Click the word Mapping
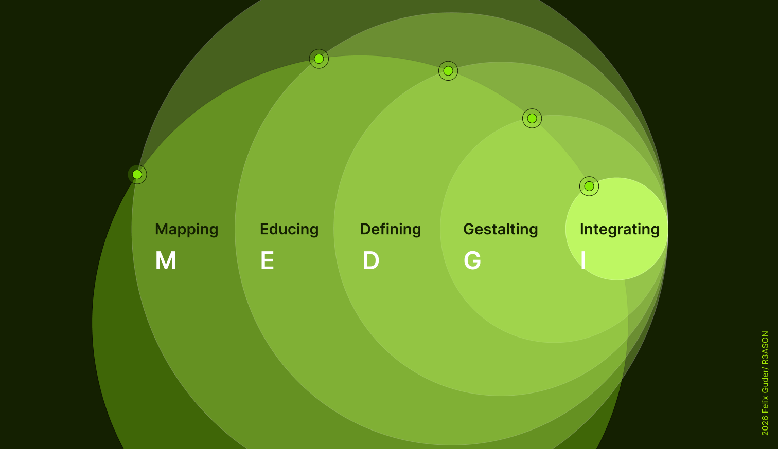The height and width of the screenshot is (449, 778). [x=186, y=230]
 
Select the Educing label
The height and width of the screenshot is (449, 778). [x=289, y=230]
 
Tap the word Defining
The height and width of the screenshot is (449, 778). [x=391, y=230]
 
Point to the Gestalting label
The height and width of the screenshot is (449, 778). [x=501, y=230]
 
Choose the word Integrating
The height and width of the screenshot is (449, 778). [x=620, y=230]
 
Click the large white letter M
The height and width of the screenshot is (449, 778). [x=166, y=260]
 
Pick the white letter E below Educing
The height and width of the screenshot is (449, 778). [x=267, y=260]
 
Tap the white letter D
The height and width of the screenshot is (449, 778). [x=371, y=260]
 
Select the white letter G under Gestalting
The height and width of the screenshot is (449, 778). [x=472, y=260]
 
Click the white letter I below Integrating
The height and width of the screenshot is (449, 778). [x=583, y=260]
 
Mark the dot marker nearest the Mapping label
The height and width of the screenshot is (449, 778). [x=137, y=174]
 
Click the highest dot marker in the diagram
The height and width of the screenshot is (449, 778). [x=319, y=59]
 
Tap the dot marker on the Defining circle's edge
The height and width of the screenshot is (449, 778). [x=448, y=71]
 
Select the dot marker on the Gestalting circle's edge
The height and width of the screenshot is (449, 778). [x=532, y=118]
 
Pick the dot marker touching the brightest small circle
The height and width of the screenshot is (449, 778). [x=589, y=186]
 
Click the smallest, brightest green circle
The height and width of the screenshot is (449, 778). [x=617, y=229]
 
